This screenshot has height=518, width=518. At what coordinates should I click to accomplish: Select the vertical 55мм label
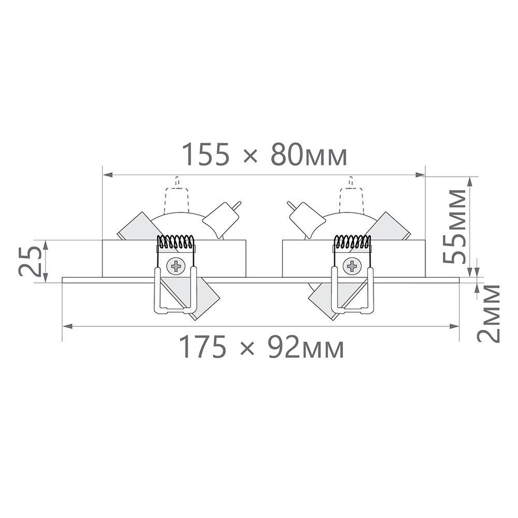pos(454,227)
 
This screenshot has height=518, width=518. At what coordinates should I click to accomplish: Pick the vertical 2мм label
pos(488,313)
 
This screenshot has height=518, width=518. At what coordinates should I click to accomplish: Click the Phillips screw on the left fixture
pos(176,266)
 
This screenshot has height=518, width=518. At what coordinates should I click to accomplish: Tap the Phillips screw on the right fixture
pos(351,266)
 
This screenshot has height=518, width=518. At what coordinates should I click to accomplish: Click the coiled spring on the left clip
pos(176,242)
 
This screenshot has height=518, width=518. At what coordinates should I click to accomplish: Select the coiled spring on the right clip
pos(351,242)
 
